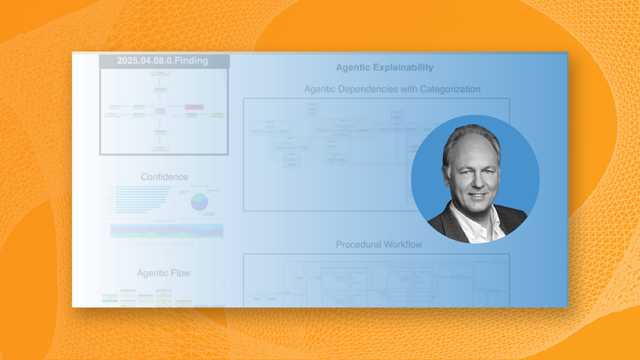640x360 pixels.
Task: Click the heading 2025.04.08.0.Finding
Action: [x=162, y=61]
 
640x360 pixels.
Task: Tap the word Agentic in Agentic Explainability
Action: [x=354, y=67]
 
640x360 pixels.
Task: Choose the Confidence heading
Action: [x=164, y=177]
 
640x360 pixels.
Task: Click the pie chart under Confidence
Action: [x=199, y=202]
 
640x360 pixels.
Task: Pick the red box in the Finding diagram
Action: [x=194, y=107]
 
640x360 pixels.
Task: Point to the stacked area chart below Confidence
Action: [x=166, y=230]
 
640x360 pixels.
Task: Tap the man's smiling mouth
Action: [x=477, y=195]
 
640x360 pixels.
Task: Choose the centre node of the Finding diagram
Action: [x=160, y=111]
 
